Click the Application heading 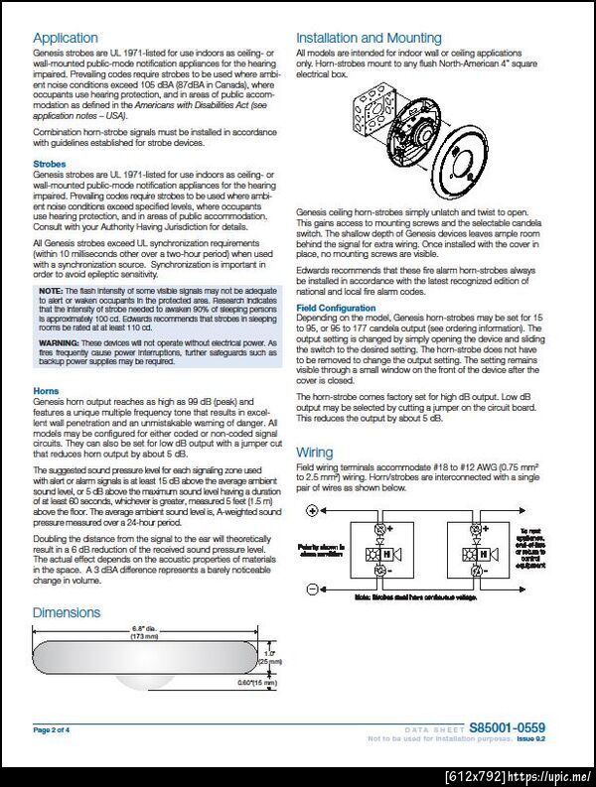[66, 39]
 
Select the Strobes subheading [50, 164]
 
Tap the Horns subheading [46, 392]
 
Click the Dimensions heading [67, 612]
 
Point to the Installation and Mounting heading [369, 39]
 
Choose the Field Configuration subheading [336, 308]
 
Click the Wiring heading [315, 453]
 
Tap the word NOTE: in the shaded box [51, 290]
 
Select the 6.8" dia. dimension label [143, 629]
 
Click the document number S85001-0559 [507, 728]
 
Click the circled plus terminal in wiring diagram [312, 510]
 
